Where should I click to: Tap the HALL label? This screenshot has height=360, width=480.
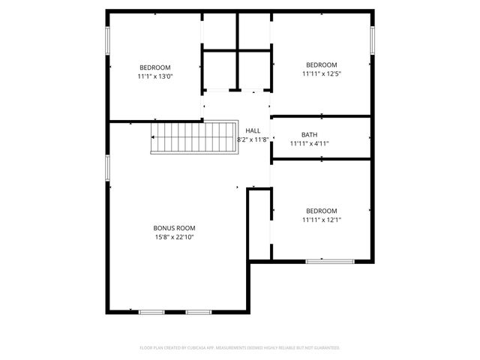point(253,130)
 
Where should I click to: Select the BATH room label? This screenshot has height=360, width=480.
point(310,134)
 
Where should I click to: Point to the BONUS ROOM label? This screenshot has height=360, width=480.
point(174,228)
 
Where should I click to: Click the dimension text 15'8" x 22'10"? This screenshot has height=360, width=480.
point(174,237)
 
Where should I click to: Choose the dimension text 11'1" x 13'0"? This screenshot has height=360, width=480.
point(155,76)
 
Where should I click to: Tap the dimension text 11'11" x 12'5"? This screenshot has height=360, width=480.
point(321,74)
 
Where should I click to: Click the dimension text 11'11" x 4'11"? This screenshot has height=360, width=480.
point(310,143)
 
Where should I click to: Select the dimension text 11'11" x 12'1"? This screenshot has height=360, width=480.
point(321,220)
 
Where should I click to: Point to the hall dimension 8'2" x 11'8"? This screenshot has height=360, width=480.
point(253,139)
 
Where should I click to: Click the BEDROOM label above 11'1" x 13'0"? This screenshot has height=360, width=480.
point(155,67)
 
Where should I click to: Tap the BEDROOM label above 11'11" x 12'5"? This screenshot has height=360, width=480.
point(321,65)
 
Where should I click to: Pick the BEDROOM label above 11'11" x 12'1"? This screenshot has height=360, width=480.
point(321,211)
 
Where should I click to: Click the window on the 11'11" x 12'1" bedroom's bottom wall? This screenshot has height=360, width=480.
point(330,261)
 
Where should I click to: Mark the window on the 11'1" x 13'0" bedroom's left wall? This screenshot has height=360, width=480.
point(107,40)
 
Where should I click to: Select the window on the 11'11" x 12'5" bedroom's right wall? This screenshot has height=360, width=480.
point(372,40)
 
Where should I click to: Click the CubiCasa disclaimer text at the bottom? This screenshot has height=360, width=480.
point(240,348)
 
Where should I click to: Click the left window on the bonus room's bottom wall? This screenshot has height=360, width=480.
point(151,311)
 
